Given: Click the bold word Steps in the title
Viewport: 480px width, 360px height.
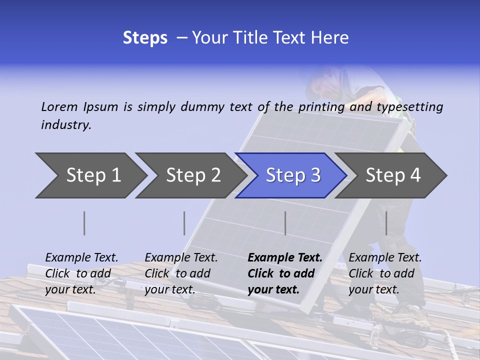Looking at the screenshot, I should [145, 38].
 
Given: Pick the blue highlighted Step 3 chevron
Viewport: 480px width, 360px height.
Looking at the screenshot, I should [293, 175].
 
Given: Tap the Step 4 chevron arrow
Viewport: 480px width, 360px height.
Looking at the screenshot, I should [393, 175].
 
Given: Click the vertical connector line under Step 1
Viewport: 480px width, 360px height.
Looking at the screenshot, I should [84, 223].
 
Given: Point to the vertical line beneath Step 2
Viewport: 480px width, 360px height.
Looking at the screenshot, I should [184, 223].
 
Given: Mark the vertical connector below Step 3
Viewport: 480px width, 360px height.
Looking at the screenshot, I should [285, 223].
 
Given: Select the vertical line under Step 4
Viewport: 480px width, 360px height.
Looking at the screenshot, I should [386, 223].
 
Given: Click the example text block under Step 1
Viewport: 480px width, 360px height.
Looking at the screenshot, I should [81, 273].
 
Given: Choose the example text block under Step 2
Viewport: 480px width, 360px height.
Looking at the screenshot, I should [181, 273].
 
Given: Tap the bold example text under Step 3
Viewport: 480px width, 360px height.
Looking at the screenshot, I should [285, 273].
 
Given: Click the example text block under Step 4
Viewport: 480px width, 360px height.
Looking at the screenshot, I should [385, 273].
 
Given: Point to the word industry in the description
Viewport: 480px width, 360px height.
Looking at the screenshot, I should [66, 125].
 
